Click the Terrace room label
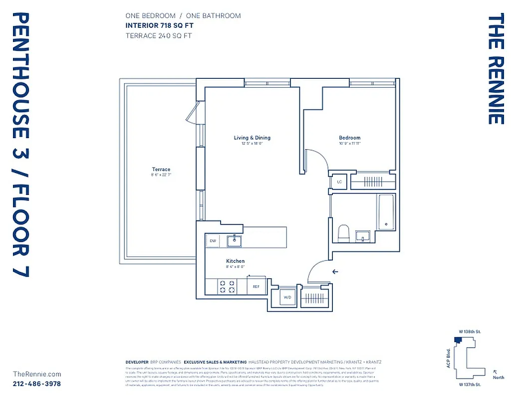point(161,170)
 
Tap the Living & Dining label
point(252,138)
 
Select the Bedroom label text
point(349,138)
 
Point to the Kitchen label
point(236,261)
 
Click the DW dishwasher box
point(213,241)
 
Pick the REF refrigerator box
point(256,286)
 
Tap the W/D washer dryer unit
point(287,297)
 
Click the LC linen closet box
point(339,182)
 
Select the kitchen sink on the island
point(234,241)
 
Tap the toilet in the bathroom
point(343,233)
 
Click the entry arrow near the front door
point(335,272)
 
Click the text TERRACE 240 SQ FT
point(158,35)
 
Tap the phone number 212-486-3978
point(37,384)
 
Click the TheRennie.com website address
point(37,374)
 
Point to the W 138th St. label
point(470,332)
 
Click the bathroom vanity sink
point(362,236)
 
